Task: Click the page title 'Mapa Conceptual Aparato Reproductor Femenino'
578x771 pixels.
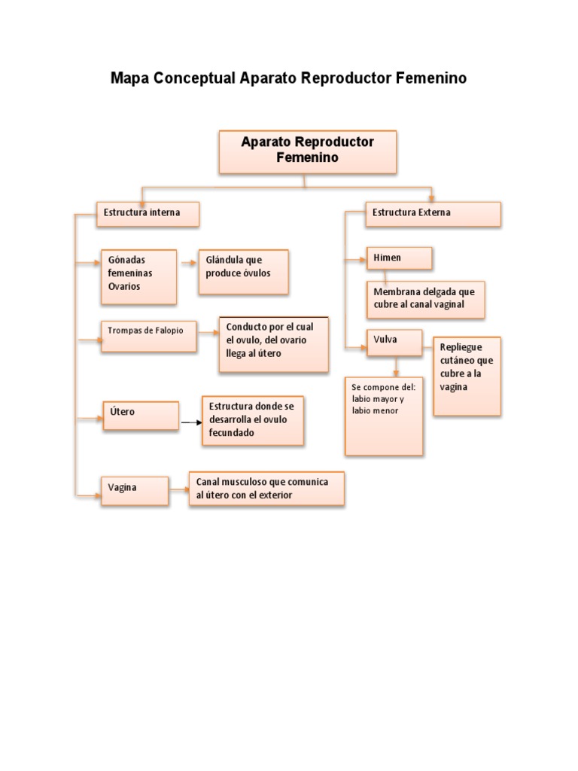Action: tap(288, 78)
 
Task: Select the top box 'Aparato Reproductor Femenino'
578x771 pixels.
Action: tap(307, 151)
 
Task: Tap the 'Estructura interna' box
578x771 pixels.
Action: tap(148, 214)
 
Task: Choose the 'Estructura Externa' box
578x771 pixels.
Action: tap(432, 214)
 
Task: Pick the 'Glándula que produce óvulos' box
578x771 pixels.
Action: tap(243, 271)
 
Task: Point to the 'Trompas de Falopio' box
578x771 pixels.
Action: tap(148, 336)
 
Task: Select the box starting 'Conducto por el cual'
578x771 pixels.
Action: tap(274, 344)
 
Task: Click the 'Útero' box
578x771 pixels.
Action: tap(141, 415)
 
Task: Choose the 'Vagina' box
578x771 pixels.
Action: tap(135, 489)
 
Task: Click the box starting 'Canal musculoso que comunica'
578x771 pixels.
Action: tap(266, 489)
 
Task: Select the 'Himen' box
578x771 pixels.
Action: tap(399, 258)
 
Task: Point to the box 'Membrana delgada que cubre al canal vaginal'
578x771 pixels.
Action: tap(425, 299)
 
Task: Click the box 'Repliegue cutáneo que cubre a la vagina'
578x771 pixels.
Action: tap(467, 375)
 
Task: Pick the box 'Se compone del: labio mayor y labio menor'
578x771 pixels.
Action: tap(384, 415)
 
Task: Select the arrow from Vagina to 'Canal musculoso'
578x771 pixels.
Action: tap(179, 490)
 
